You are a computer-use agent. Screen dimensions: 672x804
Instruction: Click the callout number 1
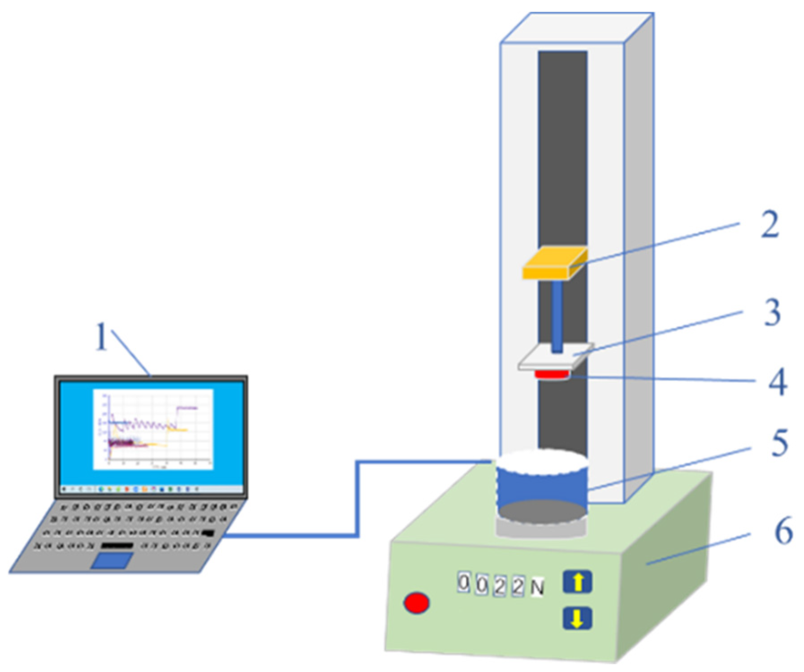point(102,337)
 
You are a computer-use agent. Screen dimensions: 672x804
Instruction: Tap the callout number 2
point(770,225)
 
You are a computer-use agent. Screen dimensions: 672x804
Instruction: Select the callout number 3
point(772,313)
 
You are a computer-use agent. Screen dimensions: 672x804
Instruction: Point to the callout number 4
point(778,382)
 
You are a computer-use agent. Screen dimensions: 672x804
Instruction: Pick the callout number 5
point(779,443)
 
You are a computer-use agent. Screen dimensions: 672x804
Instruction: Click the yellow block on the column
point(554,263)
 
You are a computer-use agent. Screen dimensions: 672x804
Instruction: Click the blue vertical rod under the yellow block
point(557,316)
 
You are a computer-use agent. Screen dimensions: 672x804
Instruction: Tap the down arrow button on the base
point(577,619)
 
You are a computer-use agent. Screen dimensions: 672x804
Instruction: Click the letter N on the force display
point(537,588)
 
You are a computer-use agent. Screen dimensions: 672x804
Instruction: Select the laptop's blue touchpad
point(112,560)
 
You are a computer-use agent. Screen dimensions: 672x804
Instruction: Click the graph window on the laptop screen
point(153,429)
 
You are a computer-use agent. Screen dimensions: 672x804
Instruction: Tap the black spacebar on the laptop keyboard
point(117,546)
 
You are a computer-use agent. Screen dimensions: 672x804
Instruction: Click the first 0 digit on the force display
point(464,583)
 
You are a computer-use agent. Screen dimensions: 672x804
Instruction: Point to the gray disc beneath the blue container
point(541,529)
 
